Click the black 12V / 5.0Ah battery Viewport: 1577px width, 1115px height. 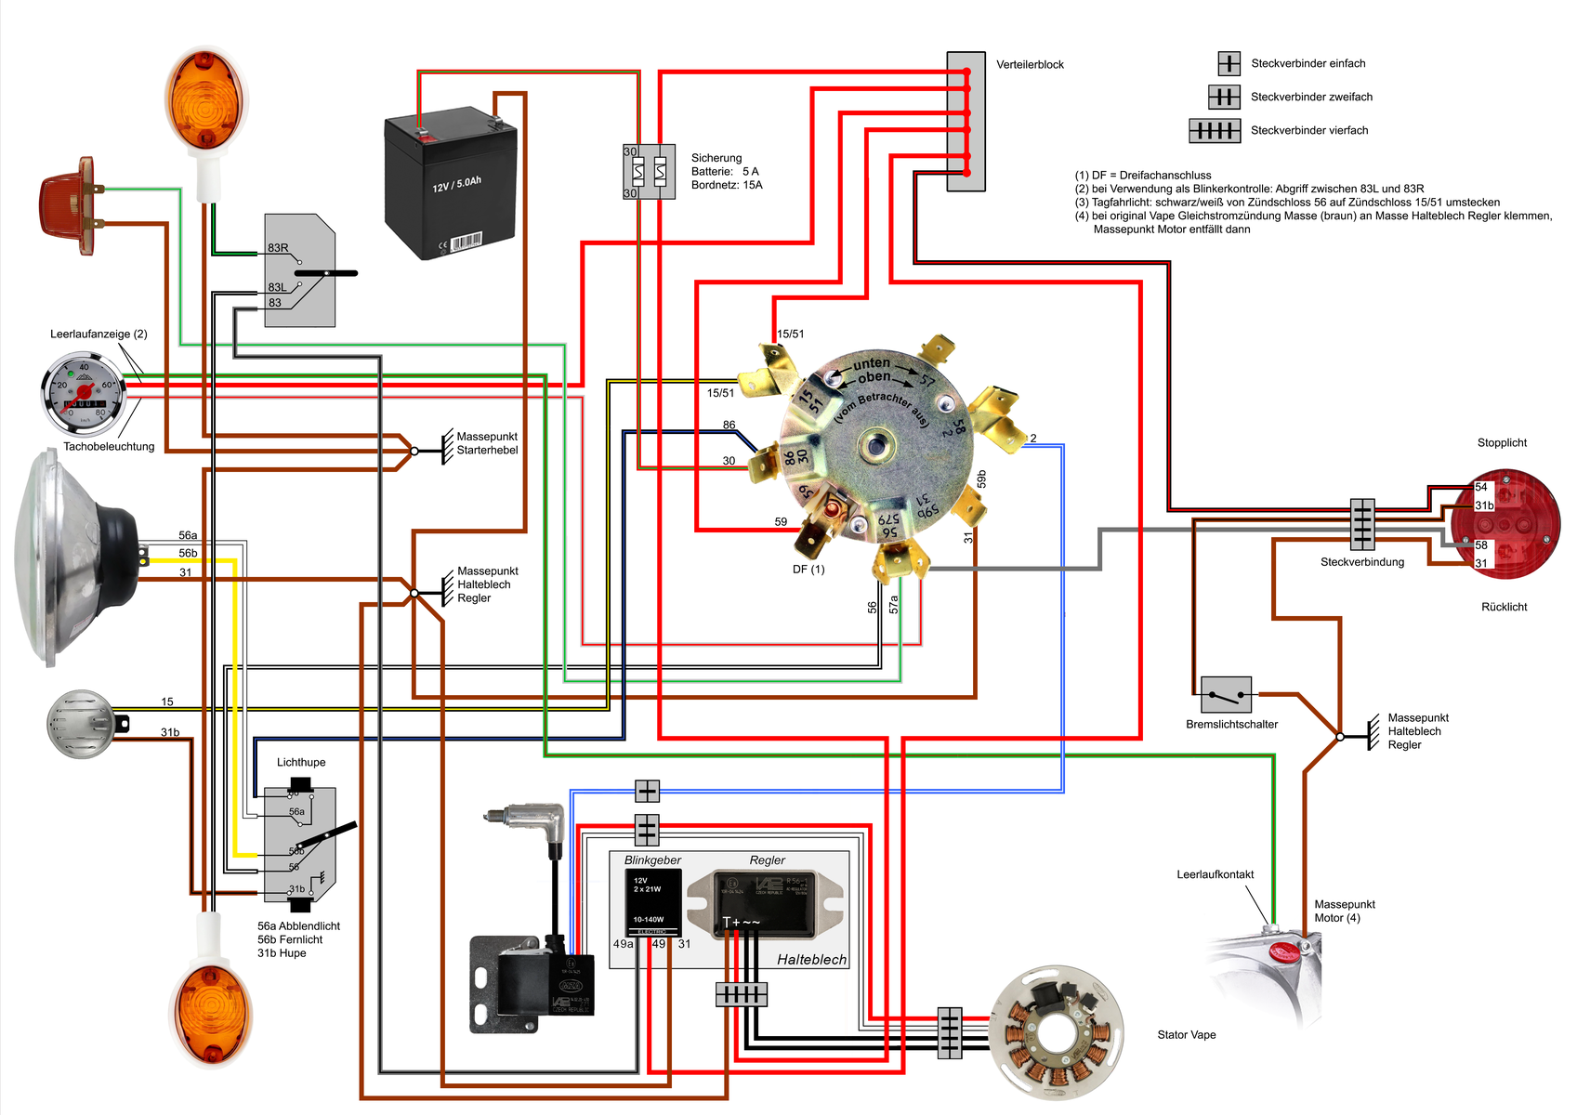(x=451, y=186)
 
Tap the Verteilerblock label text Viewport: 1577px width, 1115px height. (x=1030, y=65)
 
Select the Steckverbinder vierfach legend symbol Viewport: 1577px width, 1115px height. (x=1215, y=131)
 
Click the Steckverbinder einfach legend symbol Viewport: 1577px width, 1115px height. (x=1229, y=63)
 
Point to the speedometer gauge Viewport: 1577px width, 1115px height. (x=84, y=394)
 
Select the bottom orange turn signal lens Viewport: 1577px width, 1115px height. (x=210, y=1013)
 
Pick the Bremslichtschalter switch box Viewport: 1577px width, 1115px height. (x=1226, y=695)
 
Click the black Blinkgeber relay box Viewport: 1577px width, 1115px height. (x=652, y=902)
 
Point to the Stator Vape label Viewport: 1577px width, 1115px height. (x=1186, y=1035)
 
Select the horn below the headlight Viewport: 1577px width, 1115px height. (x=81, y=723)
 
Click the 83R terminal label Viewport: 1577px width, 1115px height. (x=278, y=248)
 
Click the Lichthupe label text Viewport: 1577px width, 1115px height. (x=301, y=763)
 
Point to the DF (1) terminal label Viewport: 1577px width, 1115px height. (x=808, y=570)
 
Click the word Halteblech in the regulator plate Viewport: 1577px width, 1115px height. (x=811, y=960)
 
